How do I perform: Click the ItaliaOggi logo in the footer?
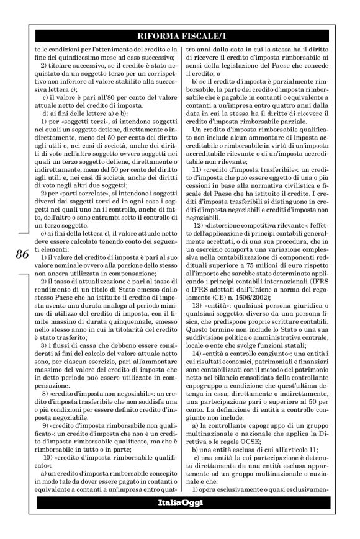pos(179,502)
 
